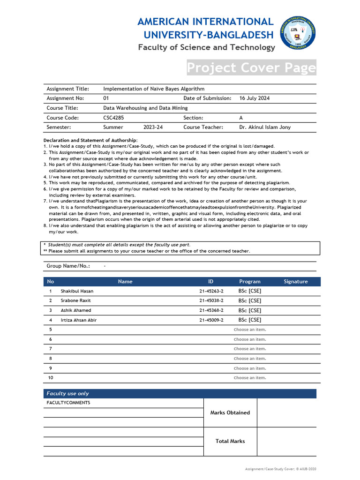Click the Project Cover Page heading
(251, 68)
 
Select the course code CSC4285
(114, 118)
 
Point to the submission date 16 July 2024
(255, 98)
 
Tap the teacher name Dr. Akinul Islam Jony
(265, 127)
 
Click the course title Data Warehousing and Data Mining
(145, 108)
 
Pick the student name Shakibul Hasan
(77, 291)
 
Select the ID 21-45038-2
(211, 300)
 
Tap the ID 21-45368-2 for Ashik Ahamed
(211, 310)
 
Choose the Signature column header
(296, 282)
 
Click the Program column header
(250, 282)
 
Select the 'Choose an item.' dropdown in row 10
(250, 378)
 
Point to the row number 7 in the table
(51, 349)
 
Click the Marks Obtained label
(230, 413)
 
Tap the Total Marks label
(230, 441)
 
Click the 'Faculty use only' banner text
(67, 394)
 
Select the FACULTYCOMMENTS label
(68, 403)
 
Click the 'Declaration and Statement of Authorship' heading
(90, 140)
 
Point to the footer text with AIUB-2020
(284, 469)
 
